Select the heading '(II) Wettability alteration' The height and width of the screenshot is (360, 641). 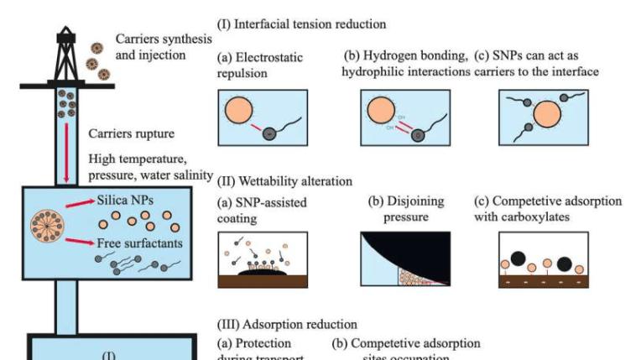[x=285, y=180]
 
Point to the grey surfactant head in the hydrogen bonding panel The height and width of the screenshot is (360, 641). [x=417, y=135]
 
